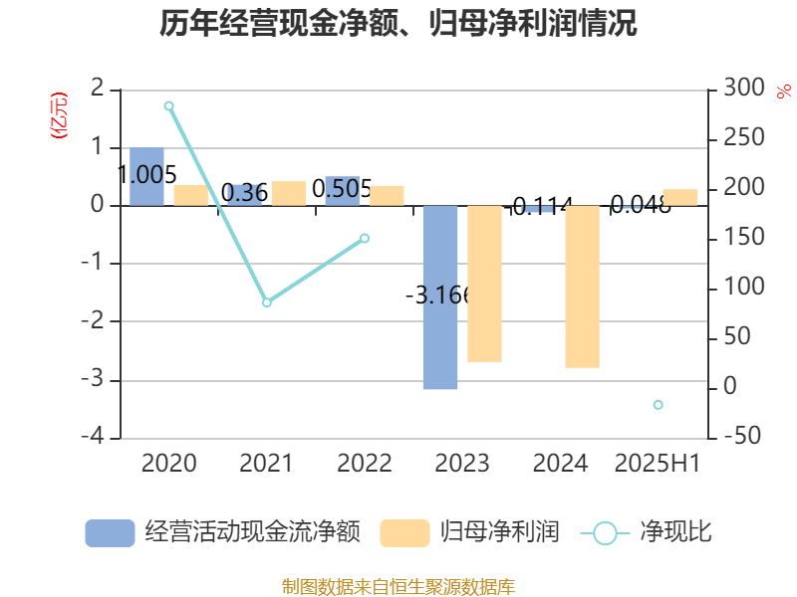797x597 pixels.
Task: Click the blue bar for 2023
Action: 440,298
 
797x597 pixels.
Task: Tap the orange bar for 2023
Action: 484,284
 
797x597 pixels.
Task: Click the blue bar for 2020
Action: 146,177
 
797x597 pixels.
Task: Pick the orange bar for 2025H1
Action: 679,197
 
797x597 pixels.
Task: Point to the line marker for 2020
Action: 168,105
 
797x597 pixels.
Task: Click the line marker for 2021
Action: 266,302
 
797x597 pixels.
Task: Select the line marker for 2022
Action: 365,239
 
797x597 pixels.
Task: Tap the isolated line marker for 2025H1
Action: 658,404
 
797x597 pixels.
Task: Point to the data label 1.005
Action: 146,175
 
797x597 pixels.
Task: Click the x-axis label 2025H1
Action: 658,463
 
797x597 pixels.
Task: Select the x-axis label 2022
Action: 365,463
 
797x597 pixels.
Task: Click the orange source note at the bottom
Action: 398,586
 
